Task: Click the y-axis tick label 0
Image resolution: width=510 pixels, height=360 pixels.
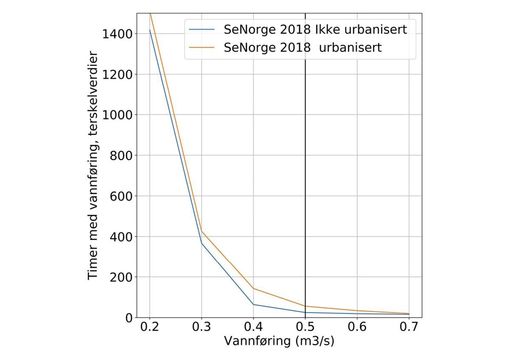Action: click(129, 317)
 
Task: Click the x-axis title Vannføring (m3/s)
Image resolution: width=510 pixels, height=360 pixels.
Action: click(279, 342)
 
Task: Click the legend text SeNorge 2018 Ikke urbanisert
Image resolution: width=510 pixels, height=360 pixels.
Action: click(315, 30)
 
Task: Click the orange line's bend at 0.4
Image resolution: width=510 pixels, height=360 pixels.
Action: click(253, 289)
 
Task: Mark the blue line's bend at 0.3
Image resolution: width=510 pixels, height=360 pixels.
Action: click(201, 243)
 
